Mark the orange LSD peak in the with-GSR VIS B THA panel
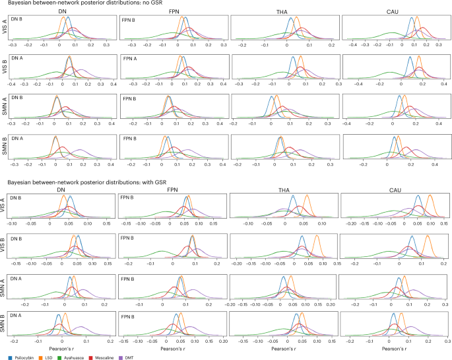pyautogui.click(x=317, y=237)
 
